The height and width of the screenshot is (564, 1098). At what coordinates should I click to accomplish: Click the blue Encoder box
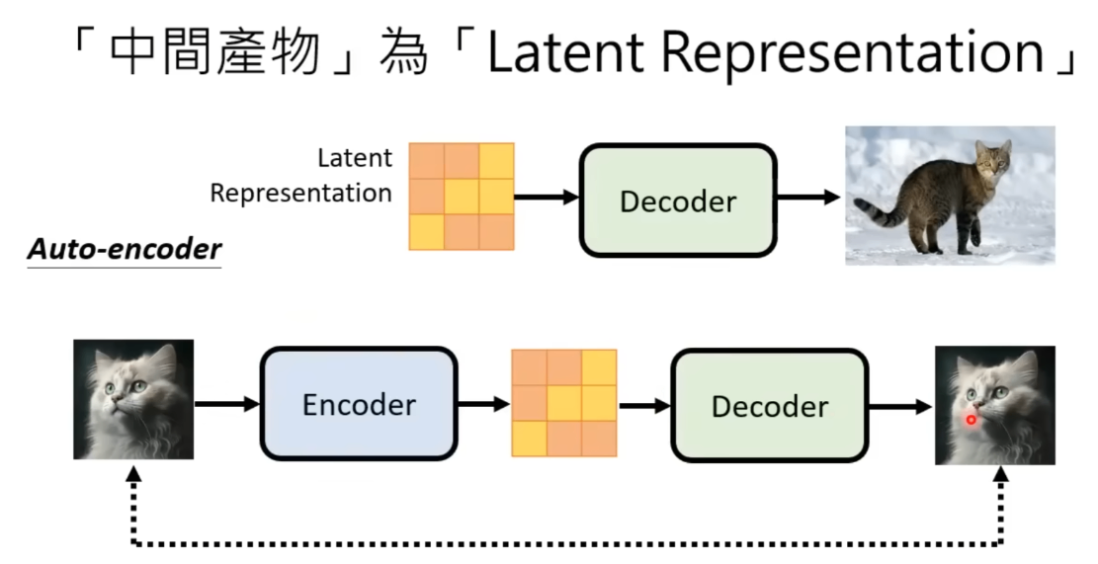coord(359,404)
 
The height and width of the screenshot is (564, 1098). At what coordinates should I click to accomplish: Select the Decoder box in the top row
coord(678,201)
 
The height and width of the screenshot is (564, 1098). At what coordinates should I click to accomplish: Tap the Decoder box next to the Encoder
coord(770,406)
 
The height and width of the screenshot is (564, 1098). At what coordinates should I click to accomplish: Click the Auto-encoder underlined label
coord(124,250)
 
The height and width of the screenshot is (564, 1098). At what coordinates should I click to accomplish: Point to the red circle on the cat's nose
coord(971,420)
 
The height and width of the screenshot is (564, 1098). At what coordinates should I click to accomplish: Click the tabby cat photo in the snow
coord(950,195)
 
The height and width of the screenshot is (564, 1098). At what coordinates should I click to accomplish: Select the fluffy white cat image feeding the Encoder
coord(133,399)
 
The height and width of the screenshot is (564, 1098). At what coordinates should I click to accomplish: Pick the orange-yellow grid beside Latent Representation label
coord(462,196)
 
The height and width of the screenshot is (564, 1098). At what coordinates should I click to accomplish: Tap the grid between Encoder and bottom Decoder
coord(563,402)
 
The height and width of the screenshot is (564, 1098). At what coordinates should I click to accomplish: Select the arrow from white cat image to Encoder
coord(226,404)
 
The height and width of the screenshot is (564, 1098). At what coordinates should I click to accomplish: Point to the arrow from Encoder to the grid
coord(483,404)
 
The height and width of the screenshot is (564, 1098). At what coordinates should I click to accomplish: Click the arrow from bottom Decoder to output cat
coord(900,406)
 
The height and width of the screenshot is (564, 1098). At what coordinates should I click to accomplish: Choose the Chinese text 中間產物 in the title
coord(216,52)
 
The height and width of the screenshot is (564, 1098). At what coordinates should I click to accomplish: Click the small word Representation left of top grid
coord(300,193)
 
